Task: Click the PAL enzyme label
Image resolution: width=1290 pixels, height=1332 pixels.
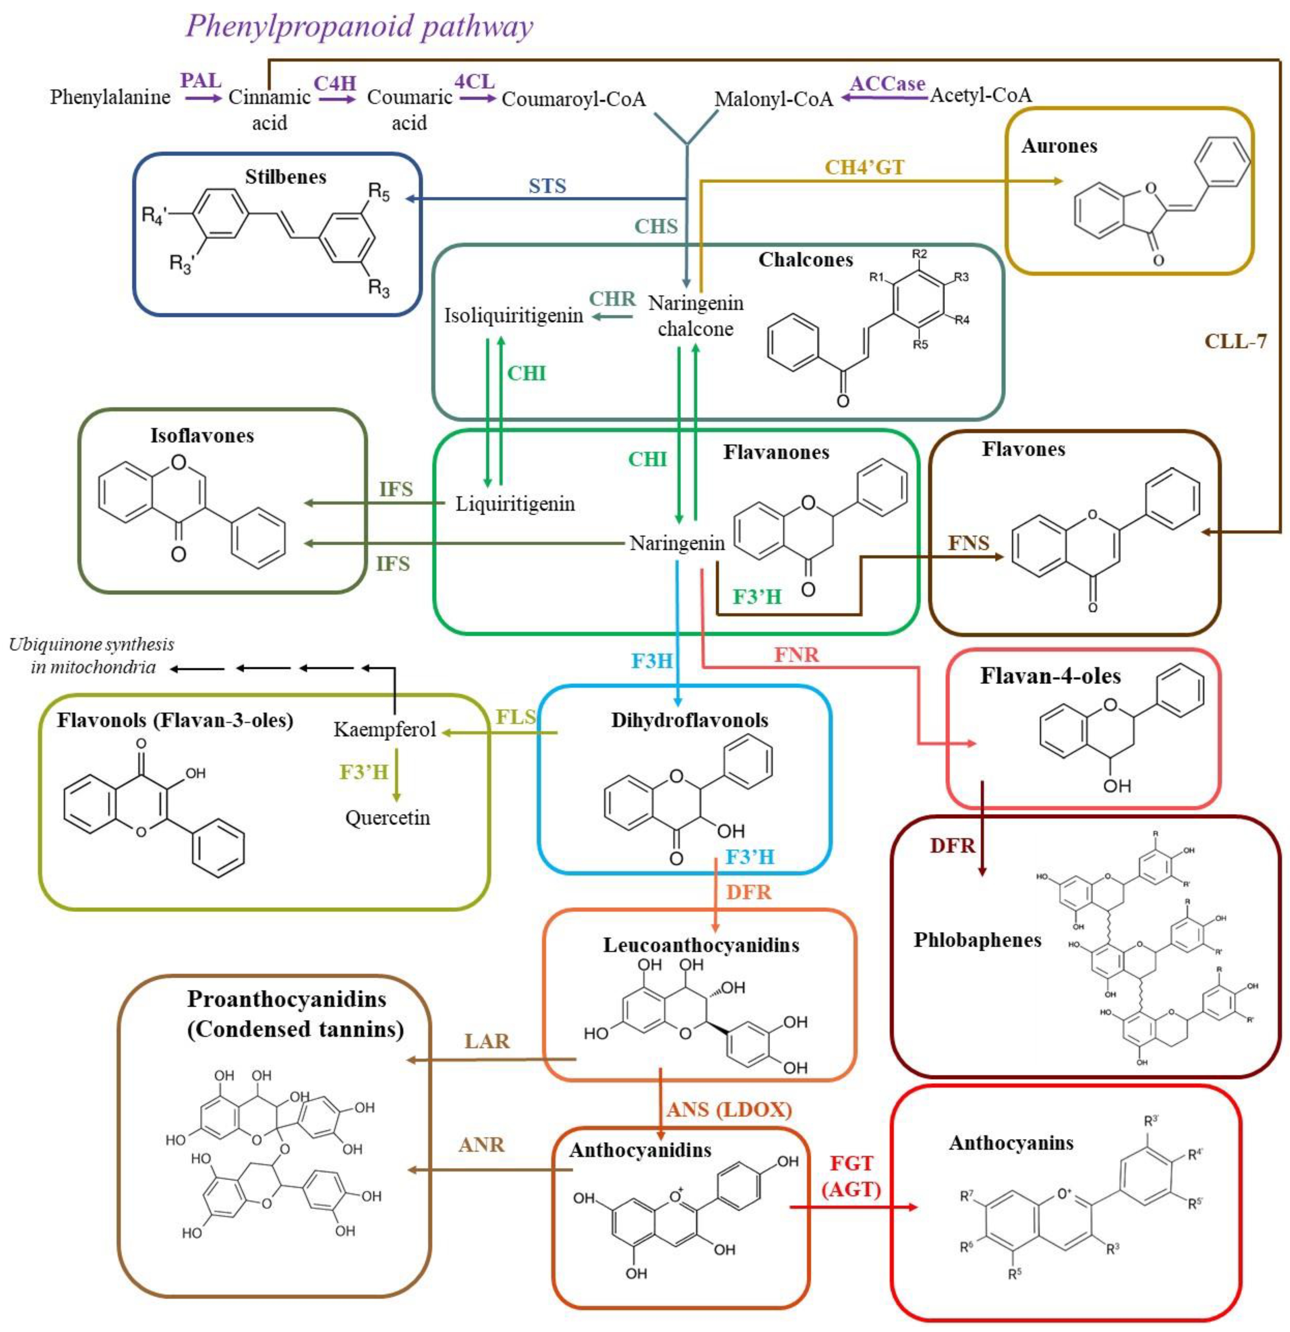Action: [201, 81]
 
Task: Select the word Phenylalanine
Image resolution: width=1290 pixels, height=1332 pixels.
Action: [110, 97]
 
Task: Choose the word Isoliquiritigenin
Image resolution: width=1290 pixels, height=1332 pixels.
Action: [513, 316]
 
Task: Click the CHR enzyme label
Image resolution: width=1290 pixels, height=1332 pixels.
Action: [612, 299]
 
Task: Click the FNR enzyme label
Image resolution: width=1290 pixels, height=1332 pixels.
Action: [797, 655]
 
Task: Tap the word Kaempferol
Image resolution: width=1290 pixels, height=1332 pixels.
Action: [384, 730]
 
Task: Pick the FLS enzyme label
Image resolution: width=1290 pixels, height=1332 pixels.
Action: [515, 717]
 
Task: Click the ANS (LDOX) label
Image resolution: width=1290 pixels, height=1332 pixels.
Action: [729, 1110]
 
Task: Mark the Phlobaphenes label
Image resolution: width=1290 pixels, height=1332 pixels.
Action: [977, 940]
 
